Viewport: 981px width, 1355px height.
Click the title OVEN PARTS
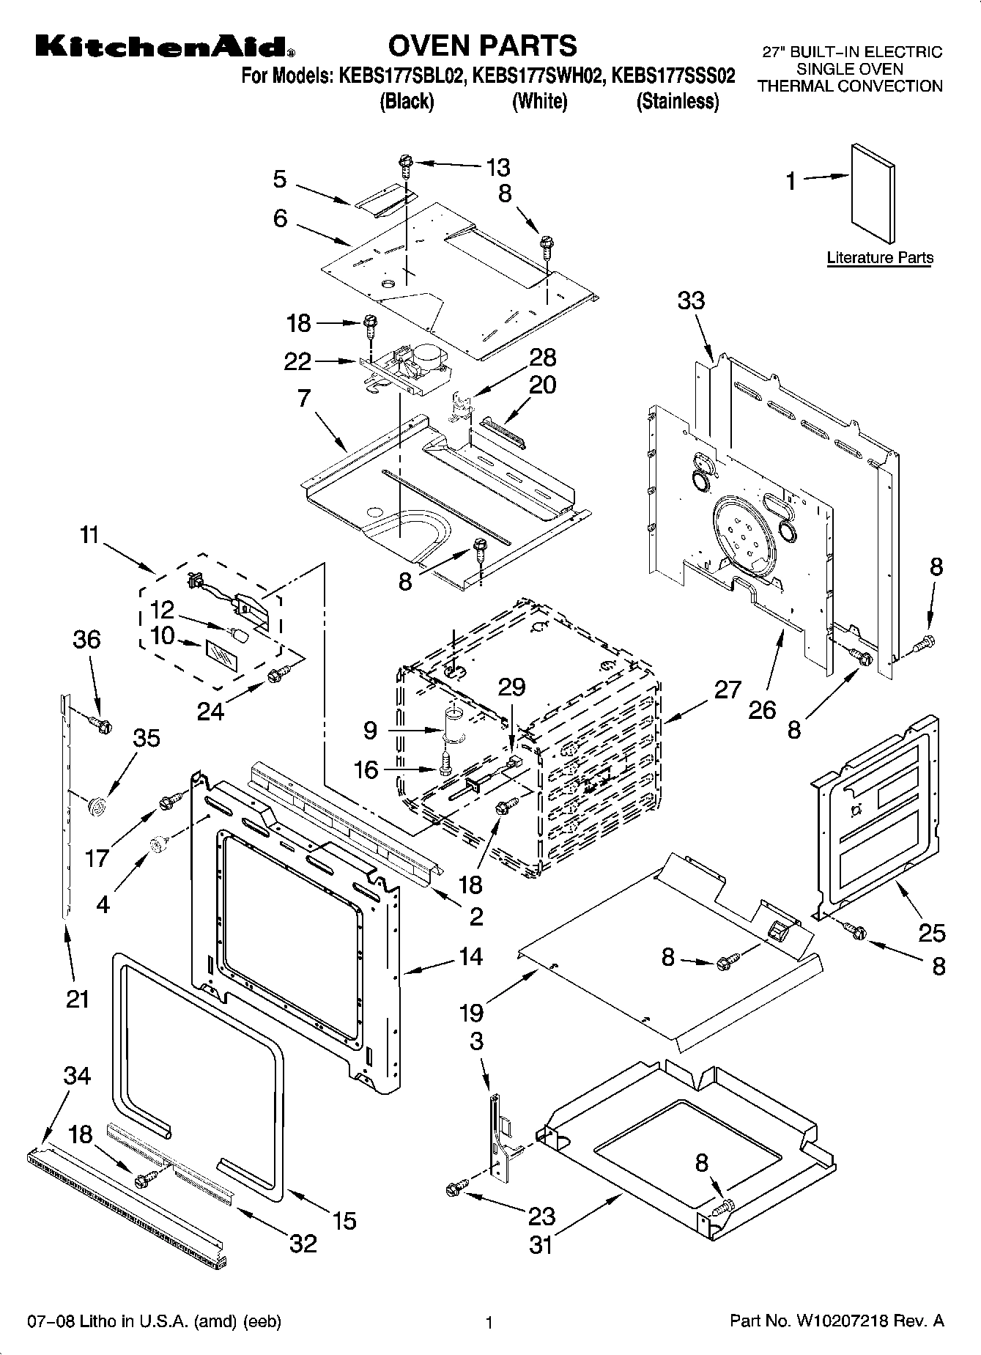482,45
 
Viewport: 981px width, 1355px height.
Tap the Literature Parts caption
880,257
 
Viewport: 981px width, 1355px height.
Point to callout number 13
497,167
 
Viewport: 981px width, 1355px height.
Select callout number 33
691,300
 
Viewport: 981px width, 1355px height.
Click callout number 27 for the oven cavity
728,690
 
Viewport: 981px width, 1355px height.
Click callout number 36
86,639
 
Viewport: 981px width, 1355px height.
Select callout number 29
511,687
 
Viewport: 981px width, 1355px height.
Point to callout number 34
77,1076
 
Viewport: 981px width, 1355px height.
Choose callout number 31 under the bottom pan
541,1244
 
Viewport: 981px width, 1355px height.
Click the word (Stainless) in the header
678,101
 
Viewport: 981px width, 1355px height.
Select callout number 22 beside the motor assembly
297,361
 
